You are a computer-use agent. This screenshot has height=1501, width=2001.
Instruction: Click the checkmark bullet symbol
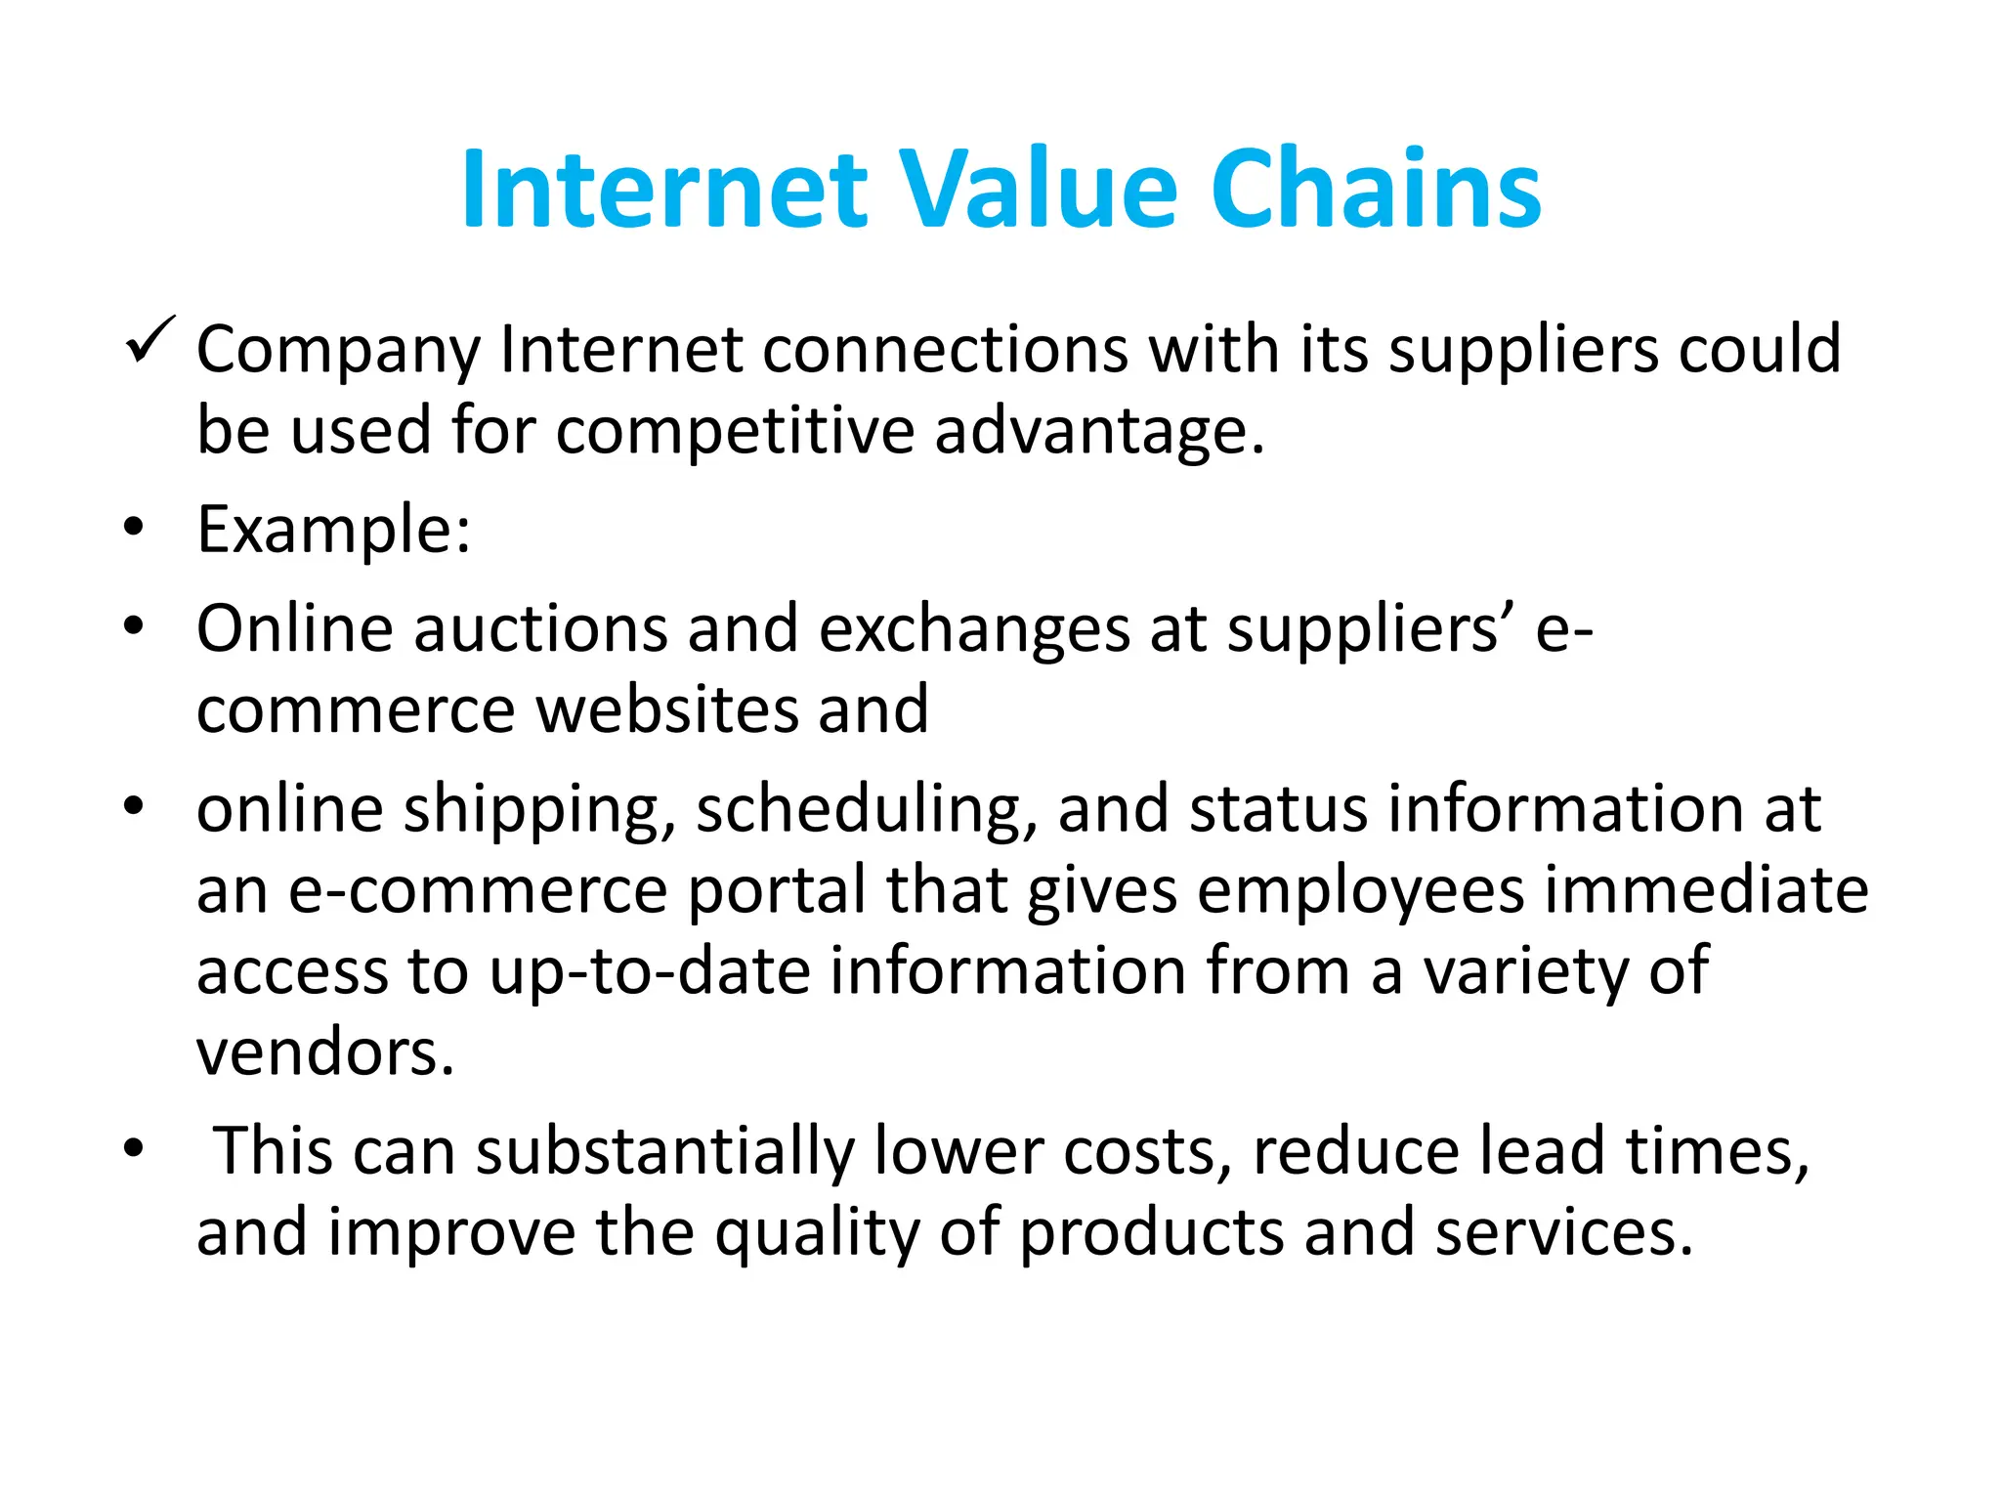(149, 341)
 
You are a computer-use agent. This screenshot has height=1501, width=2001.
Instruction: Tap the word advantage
(1099, 432)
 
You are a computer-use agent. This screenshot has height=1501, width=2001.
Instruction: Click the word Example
(332, 530)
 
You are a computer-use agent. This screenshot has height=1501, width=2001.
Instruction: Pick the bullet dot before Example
(134, 528)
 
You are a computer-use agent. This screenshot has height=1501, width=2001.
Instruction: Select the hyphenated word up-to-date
(650, 972)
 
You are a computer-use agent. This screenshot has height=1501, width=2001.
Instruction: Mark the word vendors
(325, 1053)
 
